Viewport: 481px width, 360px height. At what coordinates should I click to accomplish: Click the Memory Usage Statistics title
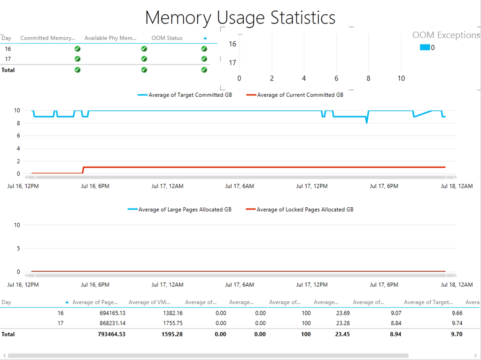[240, 17]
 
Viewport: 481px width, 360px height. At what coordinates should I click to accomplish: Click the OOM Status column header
[167, 38]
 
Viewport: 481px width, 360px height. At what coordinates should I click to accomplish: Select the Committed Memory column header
[47, 38]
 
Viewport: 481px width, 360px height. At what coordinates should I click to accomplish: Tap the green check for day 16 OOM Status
[204, 49]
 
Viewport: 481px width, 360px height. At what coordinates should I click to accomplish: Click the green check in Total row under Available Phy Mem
[144, 70]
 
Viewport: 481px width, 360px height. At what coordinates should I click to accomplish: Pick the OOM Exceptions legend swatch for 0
[425, 47]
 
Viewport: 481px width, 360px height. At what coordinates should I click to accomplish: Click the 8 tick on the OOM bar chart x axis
[368, 78]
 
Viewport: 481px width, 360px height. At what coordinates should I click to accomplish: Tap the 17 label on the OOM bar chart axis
[232, 63]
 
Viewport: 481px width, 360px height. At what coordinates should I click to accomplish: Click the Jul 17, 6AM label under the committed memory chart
[240, 186]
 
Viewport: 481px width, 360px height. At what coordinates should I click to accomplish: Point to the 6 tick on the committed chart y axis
[17, 136]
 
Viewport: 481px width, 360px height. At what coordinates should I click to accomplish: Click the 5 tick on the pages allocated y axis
[18, 248]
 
